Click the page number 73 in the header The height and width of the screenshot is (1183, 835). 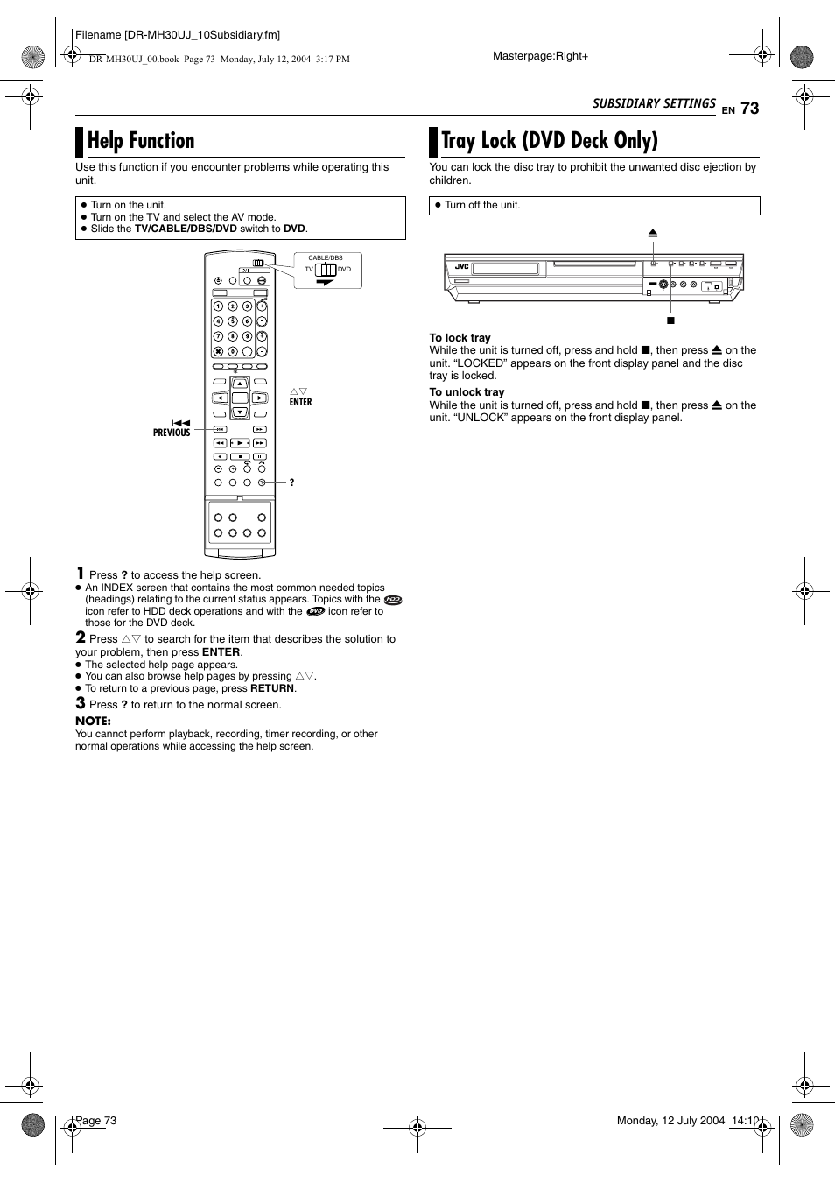(x=749, y=108)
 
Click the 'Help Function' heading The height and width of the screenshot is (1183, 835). (x=141, y=141)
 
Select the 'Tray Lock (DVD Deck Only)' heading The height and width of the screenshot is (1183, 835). (x=549, y=141)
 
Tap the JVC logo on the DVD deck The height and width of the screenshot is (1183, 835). (x=462, y=266)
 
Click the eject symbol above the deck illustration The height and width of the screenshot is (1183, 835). (x=653, y=234)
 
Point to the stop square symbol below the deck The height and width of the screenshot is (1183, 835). (x=671, y=320)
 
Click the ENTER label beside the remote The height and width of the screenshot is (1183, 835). (x=300, y=402)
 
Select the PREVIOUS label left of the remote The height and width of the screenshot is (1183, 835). (x=172, y=433)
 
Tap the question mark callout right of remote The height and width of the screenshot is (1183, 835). (x=291, y=482)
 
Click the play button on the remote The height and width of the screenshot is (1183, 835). (x=240, y=443)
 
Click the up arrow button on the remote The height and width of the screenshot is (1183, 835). (x=239, y=384)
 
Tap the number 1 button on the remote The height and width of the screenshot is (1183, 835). (x=219, y=306)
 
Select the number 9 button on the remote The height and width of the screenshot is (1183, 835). (x=248, y=336)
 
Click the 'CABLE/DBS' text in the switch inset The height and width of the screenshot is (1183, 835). (x=325, y=258)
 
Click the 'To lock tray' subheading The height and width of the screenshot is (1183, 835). (x=460, y=338)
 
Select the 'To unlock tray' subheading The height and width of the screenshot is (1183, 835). (x=467, y=392)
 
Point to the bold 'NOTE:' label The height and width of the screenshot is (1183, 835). (x=93, y=721)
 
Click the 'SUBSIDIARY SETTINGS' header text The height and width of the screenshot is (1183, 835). (x=654, y=103)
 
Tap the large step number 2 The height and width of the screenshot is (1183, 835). (x=81, y=637)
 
